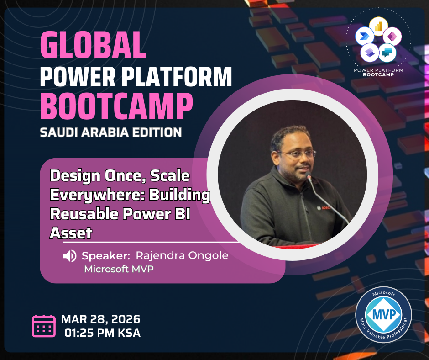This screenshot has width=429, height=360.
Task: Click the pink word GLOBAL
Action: tap(93, 45)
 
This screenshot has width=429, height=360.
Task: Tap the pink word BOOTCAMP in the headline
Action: tap(116, 106)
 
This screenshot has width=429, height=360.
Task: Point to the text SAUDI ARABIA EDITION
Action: tap(111, 132)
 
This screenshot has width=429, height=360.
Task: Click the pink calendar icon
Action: tap(44, 326)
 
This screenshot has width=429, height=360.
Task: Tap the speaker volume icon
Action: tap(70, 256)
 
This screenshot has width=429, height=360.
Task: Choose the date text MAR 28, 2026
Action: tap(101, 319)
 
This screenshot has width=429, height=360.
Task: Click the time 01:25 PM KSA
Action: tap(102, 333)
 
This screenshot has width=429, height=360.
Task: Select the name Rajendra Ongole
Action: tap(182, 255)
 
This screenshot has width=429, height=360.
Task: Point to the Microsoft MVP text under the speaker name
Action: tap(119, 269)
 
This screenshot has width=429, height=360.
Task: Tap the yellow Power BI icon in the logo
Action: tap(379, 26)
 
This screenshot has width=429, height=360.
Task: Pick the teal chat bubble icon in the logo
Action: tap(387, 53)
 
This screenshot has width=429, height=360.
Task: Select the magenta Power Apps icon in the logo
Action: tap(392, 37)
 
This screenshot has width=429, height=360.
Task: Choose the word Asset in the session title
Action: tap(71, 233)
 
